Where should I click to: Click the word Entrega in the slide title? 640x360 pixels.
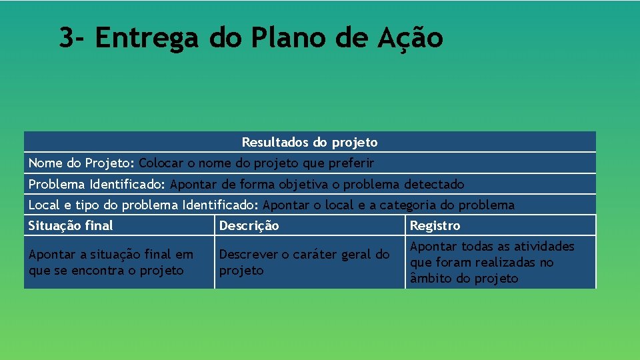click(x=147, y=38)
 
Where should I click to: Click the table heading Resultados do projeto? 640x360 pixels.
click(x=309, y=142)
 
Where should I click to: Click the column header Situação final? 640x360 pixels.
click(x=71, y=226)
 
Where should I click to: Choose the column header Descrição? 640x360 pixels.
click(x=249, y=226)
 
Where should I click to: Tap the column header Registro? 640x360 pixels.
click(x=435, y=226)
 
